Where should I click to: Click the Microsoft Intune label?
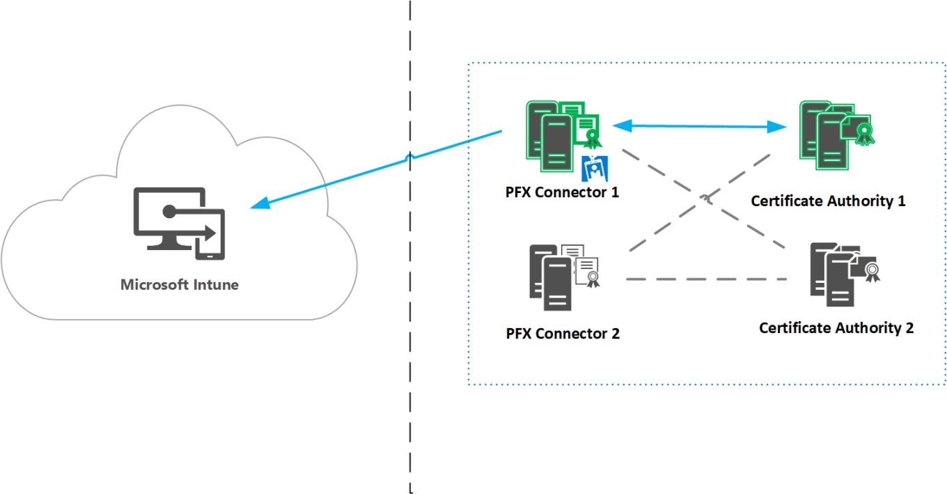[x=180, y=284]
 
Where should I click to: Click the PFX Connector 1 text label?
[x=562, y=192]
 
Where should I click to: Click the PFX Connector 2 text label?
[x=563, y=334]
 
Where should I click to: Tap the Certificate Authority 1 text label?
[x=828, y=201]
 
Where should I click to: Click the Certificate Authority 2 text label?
[x=836, y=328]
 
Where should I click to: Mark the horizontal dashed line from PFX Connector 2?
[x=706, y=279]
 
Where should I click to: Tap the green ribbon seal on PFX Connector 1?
[x=592, y=137]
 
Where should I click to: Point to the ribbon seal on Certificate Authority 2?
[x=871, y=272]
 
